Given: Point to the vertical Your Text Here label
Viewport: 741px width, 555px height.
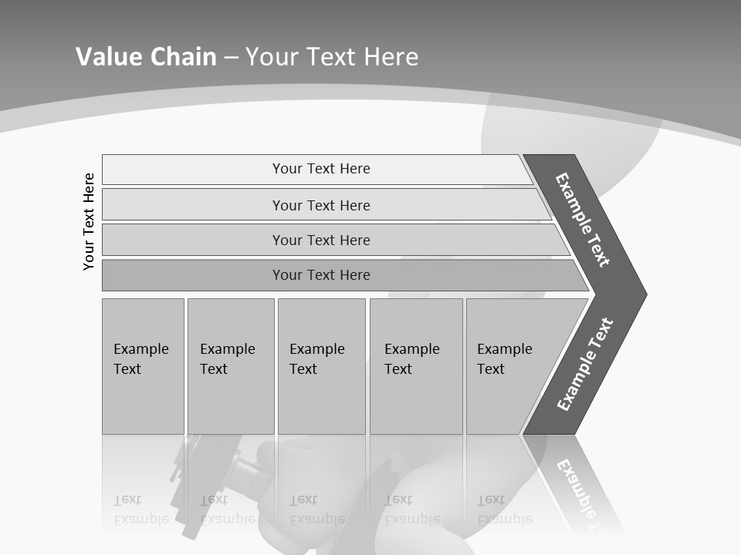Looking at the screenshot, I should (x=89, y=221).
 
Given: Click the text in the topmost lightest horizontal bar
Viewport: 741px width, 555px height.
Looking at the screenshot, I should (x=321, y=169).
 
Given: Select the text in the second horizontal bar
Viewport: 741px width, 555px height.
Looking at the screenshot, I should (x=321, y=206).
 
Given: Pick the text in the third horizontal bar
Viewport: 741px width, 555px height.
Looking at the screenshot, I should (x=321, y=240).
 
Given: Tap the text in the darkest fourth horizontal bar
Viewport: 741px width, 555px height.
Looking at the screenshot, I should (x=321, y=275).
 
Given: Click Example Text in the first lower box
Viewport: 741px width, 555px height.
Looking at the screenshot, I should (x=140, y=359).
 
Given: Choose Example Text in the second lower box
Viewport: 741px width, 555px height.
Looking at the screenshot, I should (x=227, y=359).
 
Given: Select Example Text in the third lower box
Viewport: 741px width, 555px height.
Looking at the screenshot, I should (x=316, y=359).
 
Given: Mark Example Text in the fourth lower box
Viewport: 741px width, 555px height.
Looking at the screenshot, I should (x=411, y=359).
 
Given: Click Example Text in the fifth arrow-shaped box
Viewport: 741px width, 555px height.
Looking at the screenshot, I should (x=504, y=359).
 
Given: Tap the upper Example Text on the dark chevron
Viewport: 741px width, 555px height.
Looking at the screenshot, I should (x=583, y=220).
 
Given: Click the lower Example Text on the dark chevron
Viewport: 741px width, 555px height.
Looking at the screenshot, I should (x=585, y=364).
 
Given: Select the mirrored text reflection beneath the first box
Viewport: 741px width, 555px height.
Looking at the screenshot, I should (x=140, y=510).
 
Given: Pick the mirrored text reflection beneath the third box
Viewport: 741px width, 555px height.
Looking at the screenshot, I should (x=316, y=510).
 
